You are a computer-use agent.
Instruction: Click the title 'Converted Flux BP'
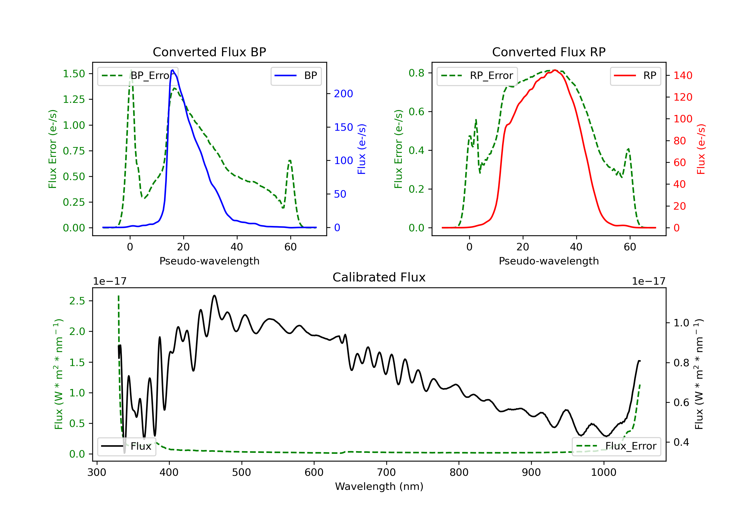[x=209, y=52]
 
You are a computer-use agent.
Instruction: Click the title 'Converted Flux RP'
[x=549, y=52]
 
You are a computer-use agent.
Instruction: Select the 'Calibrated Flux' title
[x=379, y=277]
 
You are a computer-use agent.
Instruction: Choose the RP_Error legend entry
[x=477, y=76]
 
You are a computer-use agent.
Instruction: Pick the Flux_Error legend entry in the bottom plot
[x=616, y=446]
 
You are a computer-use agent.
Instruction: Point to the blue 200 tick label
[x=344, y=94]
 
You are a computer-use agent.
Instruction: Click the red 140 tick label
[x=683, y=75]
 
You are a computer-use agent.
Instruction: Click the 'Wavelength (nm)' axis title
[x=379, y=486]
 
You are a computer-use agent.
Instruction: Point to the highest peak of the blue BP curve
[x=173, y=70]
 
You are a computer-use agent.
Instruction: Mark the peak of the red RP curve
[x=555, y=70]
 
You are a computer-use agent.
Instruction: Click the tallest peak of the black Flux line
[x=214, y=295]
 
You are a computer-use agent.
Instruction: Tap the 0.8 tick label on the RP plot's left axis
[x=416, y=73]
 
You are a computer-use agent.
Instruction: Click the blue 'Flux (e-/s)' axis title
[x=362, y=149]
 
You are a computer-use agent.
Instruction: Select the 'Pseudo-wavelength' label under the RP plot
[x=549, y=261]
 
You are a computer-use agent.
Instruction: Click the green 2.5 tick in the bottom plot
[x=77, y=301]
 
